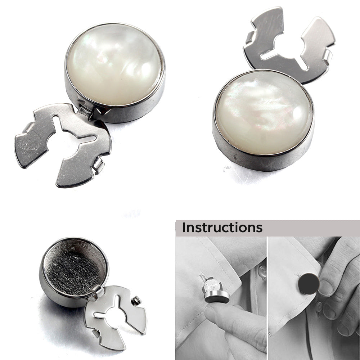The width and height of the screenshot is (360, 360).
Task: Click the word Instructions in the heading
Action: click(222, 228)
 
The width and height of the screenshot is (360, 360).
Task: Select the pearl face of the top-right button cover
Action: click(264, 112)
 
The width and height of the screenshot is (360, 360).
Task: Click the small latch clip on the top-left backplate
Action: click(99, 166)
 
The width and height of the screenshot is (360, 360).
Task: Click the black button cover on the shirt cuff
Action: click(309, 284)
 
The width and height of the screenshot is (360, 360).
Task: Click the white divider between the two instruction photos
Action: click(267, 298)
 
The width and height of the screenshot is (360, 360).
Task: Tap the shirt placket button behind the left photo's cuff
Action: click(262, 271)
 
